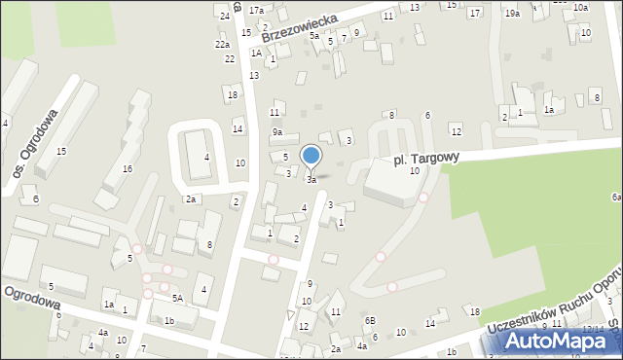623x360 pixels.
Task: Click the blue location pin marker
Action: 311,156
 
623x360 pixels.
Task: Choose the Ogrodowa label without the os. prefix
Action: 31,301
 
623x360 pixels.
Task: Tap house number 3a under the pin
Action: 311,180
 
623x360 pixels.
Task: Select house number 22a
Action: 223,45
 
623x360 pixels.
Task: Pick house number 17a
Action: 256,10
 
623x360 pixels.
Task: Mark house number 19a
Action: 512,14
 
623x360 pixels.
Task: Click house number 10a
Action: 580,8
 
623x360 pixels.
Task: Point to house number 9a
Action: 277,132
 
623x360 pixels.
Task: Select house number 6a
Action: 616,197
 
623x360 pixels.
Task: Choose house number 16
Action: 127,169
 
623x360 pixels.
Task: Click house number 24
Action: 225,17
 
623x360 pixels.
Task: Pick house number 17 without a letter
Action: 474,14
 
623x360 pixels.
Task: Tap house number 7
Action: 143,349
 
